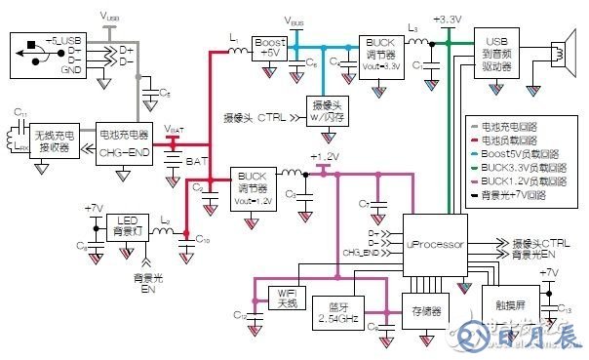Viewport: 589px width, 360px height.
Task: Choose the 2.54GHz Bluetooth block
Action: [335, 315]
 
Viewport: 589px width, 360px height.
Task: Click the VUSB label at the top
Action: [110, 17]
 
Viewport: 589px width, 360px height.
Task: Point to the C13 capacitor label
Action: [563, 307]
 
